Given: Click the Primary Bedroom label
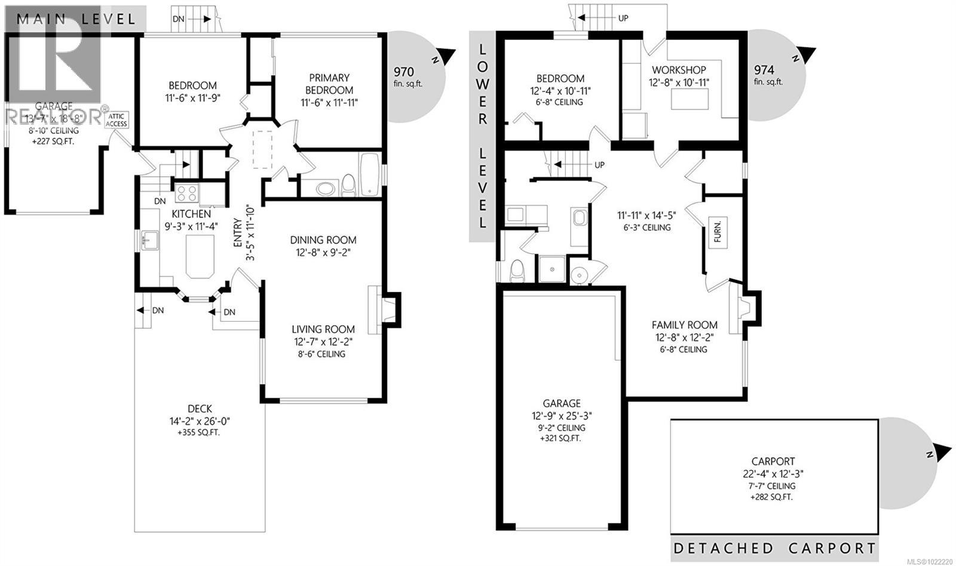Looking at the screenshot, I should click(329, 84).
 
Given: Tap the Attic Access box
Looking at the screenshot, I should click(117, 120).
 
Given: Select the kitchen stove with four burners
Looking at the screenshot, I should click(186, 193).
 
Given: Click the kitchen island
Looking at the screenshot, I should click(200, 256).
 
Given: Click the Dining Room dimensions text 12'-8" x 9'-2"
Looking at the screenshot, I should click(323, 253).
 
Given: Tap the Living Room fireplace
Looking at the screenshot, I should click(383, 310).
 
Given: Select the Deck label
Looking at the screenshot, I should click(200, 409).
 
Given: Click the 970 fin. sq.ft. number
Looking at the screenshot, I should click(404, 72).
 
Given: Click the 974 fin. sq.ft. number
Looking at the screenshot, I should click(764, 70).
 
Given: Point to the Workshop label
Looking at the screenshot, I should click(679, 70).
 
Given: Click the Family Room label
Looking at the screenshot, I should click(684, 325).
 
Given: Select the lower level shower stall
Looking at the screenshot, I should click(553, 270).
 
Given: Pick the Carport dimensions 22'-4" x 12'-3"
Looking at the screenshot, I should click(773, 473).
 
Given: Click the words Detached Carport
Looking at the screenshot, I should click(774, 548).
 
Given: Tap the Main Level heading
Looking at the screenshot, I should click(76, 19).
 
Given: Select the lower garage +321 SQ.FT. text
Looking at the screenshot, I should click(561, 438).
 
